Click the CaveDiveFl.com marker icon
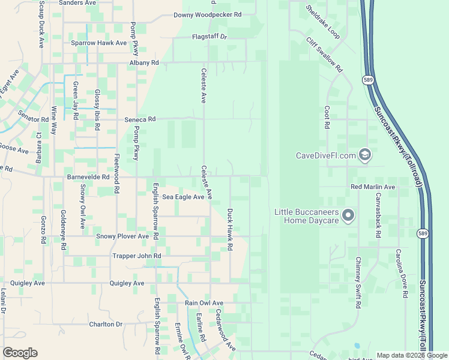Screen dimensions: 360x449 point(364,155)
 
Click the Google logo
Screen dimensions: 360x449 point(20,353)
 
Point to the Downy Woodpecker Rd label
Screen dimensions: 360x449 point(207,15)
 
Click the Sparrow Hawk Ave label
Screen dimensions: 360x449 point(99,43)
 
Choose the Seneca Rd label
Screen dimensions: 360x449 point(140,119)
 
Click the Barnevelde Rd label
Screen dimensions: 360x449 point(88,178)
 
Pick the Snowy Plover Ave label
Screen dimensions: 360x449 point(122,236)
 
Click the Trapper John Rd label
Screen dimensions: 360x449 point(137,256)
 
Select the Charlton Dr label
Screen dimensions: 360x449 point(106,324)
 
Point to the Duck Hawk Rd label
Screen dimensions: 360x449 point(229,230)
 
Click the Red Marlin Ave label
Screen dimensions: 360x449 point(373,187)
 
